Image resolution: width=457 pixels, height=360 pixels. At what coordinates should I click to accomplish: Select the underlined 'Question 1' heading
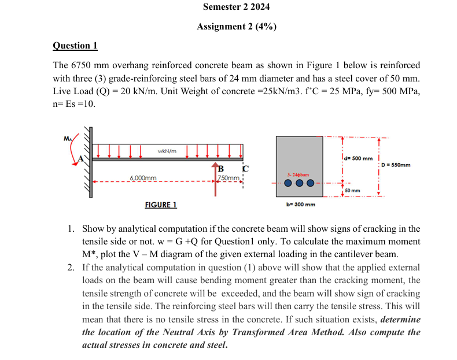(75, 46)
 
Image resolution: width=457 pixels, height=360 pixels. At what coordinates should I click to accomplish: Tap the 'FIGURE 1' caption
(160, 205)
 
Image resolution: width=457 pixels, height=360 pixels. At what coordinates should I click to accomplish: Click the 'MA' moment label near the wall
(68, 138)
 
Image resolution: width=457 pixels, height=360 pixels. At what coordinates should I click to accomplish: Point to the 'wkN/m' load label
(166, 151)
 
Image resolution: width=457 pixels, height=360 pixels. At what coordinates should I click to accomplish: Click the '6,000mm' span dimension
(142, 178)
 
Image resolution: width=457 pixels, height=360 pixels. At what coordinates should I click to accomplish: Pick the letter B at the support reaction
(220, 168)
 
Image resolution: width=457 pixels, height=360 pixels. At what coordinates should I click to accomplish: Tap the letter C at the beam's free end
(245, 169)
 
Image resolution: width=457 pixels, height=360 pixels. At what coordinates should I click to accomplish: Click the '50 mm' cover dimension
(352, 190)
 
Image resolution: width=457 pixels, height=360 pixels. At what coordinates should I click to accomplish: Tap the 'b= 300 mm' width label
(301, 204)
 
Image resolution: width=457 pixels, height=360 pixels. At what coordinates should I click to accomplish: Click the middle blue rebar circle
(299, 184)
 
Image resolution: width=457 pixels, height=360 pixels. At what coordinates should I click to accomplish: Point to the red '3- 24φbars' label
(298, 174)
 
